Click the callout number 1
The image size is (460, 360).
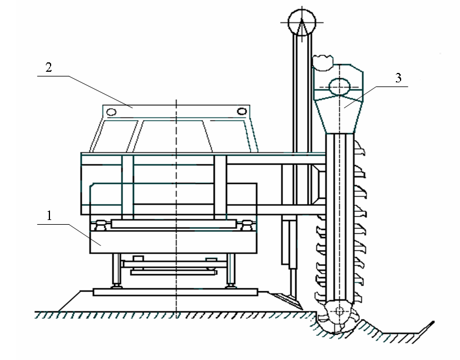[49, 216]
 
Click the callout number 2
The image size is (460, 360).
[49, 67]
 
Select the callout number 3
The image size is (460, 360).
[398, 78]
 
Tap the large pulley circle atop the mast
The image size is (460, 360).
[302, 22]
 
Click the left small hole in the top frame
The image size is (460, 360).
[111, 112]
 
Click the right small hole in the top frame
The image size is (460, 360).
[241, 112]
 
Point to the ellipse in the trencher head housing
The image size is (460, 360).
[339, 87]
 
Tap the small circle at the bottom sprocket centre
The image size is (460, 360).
[339, 311]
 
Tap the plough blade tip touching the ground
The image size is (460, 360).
[302, 309]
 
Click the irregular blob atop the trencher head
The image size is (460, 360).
[323, 62]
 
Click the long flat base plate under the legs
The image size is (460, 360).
[175, 292]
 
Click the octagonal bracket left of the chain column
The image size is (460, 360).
[319, 185]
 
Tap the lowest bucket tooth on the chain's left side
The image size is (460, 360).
[321, 296]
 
